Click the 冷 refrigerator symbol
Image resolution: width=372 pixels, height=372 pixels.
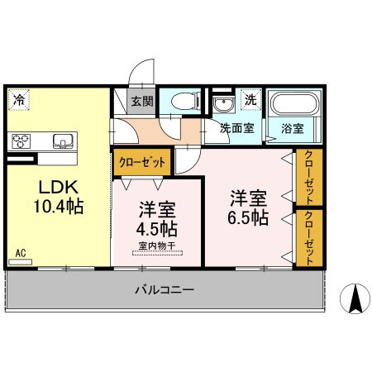pyautogui.click(x=18, y=101)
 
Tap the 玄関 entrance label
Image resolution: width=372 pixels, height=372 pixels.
pyautogui.click(x=140, y=102)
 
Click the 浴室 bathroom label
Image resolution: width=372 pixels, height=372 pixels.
pyautogui.click(x=292, y=129)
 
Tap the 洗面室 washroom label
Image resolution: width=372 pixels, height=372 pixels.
pyautogui.click(x=236, y=129)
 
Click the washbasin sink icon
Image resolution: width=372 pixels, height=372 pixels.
pyautogui.click(x=221, y=104)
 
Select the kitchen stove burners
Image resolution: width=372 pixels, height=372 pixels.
pyautogui.click(x=21, y=139)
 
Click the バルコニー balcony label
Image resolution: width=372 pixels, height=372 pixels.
pyautogui.click(x=165, y=291)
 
